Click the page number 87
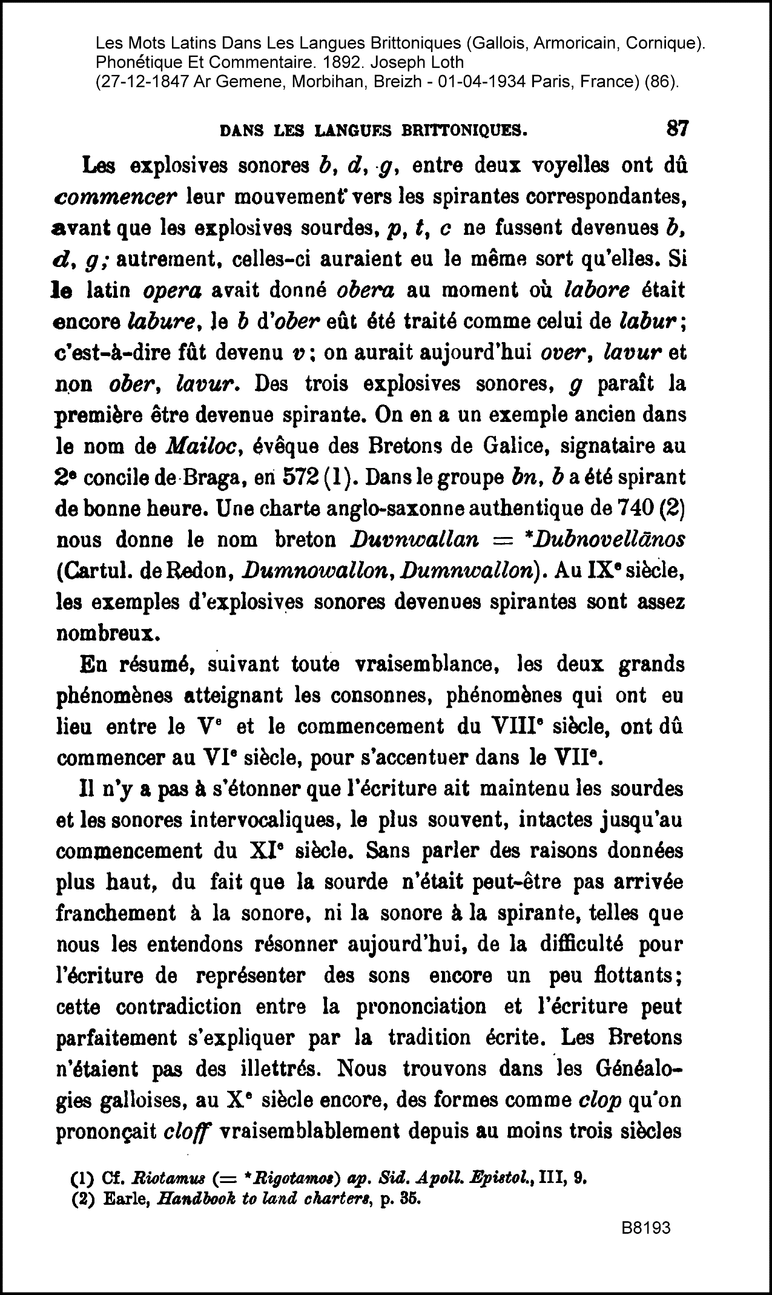pos(677,128)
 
